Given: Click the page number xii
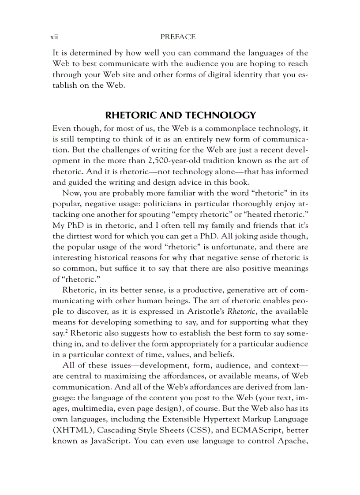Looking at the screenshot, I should coord(55,37).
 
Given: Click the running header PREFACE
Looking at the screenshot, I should coord(178,37).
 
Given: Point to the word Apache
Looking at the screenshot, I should coord(289,440).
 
